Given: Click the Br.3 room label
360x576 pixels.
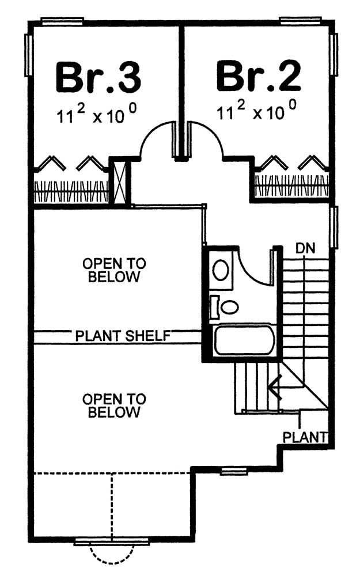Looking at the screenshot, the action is pos(98,78).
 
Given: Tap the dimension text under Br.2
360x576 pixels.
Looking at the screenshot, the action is pos(256,111).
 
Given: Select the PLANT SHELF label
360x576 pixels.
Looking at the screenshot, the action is pos(123,336).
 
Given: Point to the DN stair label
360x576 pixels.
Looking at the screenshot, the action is pos(305,249).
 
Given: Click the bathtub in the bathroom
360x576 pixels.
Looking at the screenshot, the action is pos(244,340).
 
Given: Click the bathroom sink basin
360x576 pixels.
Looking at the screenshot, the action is pos(221,270).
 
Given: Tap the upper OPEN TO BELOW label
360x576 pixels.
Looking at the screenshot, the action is pos(114,270).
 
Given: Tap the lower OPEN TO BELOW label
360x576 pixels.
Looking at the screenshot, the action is pos(114,406).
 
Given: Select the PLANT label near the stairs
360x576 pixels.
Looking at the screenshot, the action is pos(305,437).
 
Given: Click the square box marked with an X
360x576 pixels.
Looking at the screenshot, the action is pos(120,182).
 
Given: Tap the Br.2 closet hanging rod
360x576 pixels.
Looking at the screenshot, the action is pos(291,185).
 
